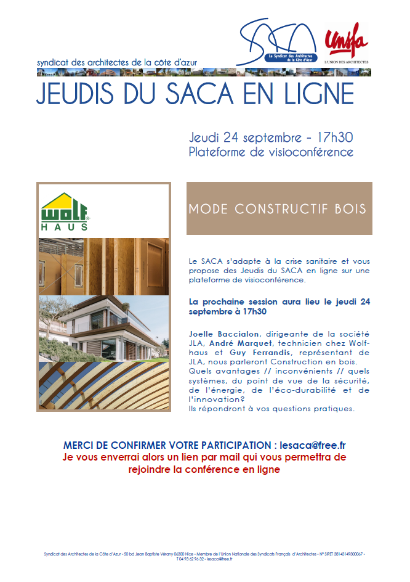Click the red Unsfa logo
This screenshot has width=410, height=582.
point(346,42)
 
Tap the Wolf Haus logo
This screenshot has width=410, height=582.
point(65,211)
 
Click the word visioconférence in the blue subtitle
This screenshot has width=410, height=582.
point(305,152)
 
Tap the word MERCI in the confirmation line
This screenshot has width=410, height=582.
point(80,445)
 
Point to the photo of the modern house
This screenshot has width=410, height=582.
point(103,329)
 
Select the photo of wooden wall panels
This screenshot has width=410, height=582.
point(103,266)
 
